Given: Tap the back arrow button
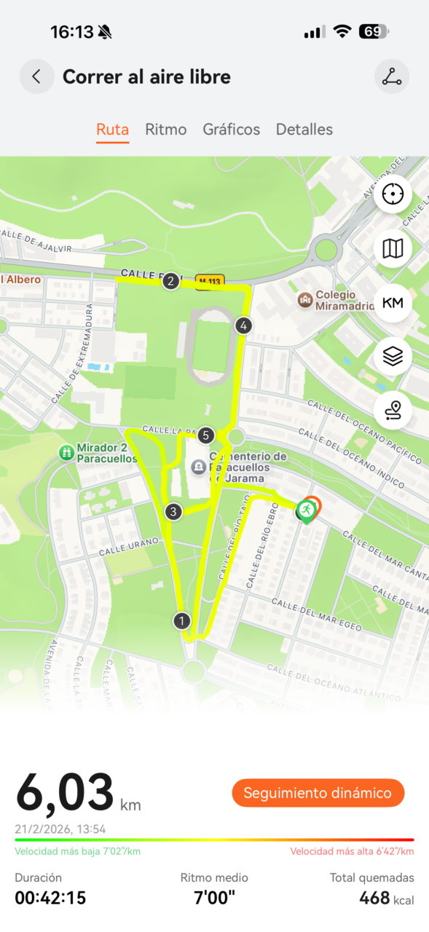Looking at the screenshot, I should point(36,76).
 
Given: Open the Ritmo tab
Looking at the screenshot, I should point(166,130).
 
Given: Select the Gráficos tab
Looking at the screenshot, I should point(232,130).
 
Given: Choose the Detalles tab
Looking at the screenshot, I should point(304,130).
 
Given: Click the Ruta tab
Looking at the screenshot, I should point(113,130).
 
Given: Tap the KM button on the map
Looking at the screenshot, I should point(393,303).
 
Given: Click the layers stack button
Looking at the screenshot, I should point(393,357).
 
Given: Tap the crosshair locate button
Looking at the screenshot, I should point(393,194).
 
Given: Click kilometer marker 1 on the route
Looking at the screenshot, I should point(181,621).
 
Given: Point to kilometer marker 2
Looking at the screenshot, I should point(171,280).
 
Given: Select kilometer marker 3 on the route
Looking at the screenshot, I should point(173,512).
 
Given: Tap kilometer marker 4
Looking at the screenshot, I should point(243,325).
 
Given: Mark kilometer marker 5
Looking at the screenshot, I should point(205,435).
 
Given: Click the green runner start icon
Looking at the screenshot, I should point(306,510).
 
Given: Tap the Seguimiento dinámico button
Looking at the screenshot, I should point(318,793).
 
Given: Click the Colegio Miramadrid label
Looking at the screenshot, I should point(335,300).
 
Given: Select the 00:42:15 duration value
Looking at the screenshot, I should point(50,899).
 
